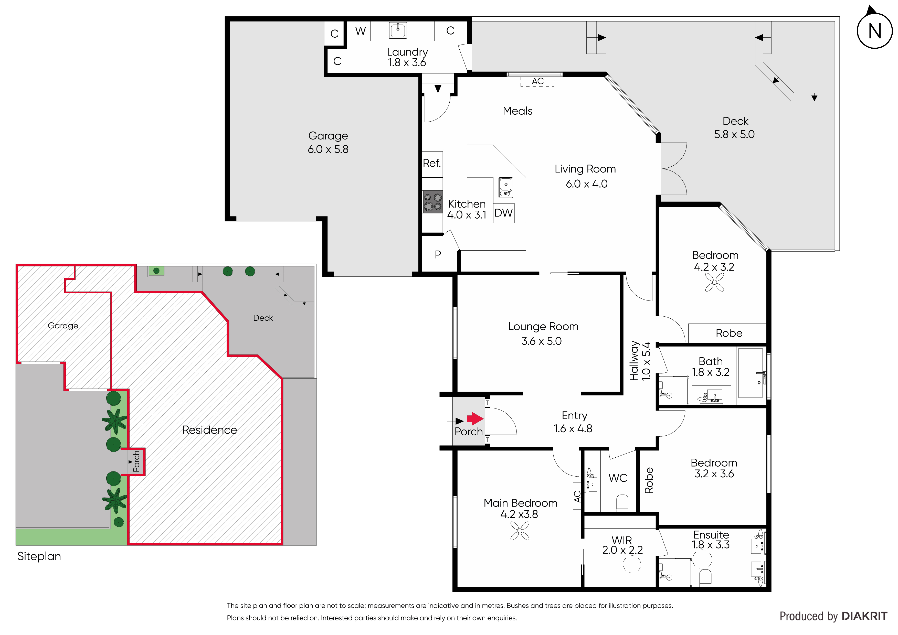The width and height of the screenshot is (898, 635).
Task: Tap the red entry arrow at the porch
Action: coord(475,419)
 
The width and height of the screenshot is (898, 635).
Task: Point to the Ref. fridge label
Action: coord(432,163)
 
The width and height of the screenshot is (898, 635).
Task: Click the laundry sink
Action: coord(398,30)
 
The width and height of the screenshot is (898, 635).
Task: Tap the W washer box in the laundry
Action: coord(361,31)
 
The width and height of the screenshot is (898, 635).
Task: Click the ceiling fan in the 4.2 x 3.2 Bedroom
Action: coord(715,282)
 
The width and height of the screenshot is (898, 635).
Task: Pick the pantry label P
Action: coord(438,255)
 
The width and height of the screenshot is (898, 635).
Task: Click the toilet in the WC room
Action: coord(622,503)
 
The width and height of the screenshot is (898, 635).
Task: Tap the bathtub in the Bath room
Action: coord(751,373)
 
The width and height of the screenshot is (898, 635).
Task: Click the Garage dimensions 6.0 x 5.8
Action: coord(328,149)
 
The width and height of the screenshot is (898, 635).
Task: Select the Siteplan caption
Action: coord(39,556)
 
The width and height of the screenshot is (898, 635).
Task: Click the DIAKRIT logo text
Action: coord(864,616)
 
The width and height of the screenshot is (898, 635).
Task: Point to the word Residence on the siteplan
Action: coord(210,430)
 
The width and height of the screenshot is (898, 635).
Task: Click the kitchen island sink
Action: coord(506,188)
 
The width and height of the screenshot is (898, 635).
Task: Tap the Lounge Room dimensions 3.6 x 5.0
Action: coord(542,341)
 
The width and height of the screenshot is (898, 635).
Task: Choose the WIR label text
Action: coord(622,540)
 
